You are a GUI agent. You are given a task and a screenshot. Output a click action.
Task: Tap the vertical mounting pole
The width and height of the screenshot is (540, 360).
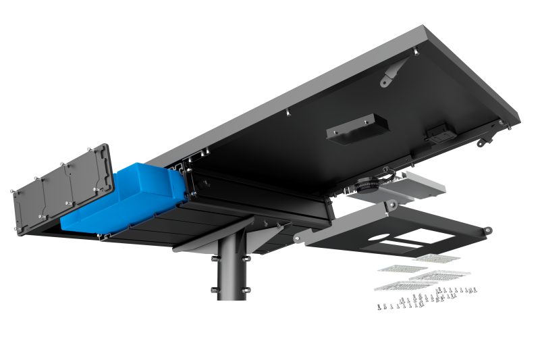coord(232,270)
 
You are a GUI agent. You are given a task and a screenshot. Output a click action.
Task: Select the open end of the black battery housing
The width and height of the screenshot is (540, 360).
coord(189,182)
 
